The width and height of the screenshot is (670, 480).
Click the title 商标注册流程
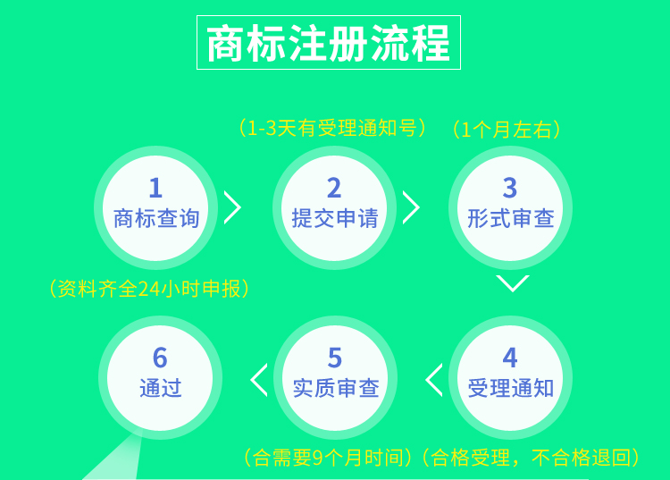[328, 43]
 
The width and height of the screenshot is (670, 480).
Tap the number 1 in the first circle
[155, 188]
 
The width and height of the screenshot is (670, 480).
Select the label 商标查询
[156, 218]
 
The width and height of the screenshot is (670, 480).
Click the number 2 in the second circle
[334, 188]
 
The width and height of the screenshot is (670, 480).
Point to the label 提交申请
[335, 218]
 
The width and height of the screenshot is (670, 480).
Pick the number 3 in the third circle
[510, 188]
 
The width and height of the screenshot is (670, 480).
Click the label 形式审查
[511, 218]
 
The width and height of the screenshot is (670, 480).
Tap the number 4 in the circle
[510, 358]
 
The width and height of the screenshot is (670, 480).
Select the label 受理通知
[511, 388]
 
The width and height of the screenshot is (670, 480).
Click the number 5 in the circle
[335, 358]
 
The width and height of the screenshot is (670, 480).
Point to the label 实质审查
[336, 388]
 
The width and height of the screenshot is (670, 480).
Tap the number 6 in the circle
[160, 358]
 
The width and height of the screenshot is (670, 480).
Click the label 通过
[161, 388]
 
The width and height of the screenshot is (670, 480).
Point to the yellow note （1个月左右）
[507, 130]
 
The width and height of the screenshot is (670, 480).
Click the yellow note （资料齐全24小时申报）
[149, 289]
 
